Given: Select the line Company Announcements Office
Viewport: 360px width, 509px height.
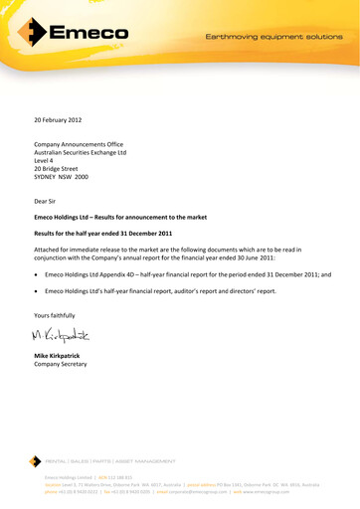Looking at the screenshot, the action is [x=79, y=144].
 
